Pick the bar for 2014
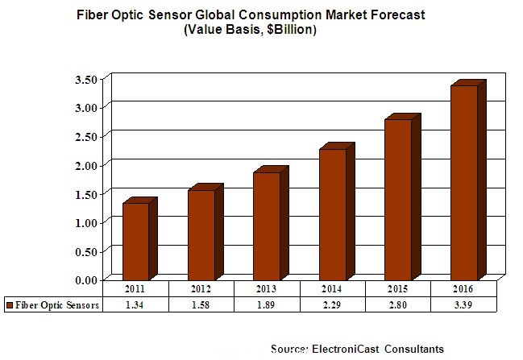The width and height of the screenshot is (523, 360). point(333,213)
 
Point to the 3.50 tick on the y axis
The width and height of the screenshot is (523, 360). point(85,79)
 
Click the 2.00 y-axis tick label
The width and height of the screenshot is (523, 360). point(85,165)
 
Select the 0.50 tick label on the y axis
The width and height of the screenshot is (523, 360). point(85,251)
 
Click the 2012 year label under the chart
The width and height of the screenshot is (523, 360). point(201,288)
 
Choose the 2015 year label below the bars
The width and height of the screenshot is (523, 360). point(398,288)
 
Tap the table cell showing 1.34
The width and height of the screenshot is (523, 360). point(135,305)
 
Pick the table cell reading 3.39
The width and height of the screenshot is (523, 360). point(464,305)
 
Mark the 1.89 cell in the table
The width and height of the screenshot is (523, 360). point(268,305)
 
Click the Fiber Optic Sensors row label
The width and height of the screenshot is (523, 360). point(56,305)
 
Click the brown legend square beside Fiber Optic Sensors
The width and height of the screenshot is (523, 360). point(9,305)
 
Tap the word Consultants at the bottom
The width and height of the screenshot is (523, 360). point(413,349)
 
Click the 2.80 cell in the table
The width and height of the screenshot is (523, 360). point(398,305)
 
